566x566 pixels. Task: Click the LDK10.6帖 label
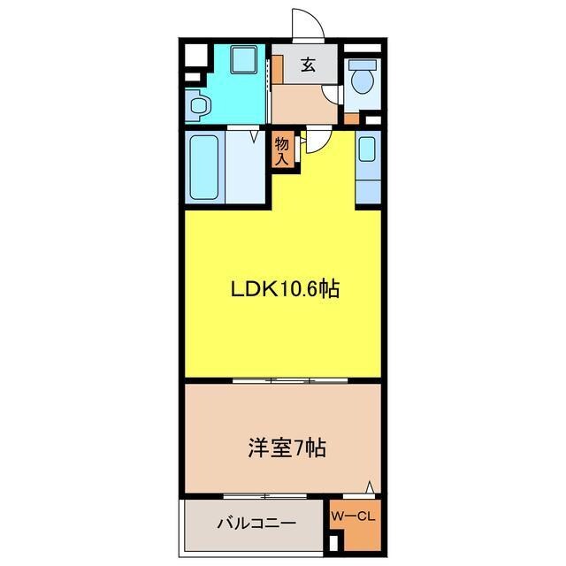point(287,289)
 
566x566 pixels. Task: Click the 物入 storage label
point(282,149)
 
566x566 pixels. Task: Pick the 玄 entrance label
point(307,64)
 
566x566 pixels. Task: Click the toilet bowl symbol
point(362,80)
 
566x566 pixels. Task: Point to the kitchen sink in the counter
point(368,149)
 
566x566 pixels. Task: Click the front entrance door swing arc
point(305,22)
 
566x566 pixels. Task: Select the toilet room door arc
point(333,97)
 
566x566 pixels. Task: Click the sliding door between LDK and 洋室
point(291,379)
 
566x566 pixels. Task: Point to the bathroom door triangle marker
point(256,136)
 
